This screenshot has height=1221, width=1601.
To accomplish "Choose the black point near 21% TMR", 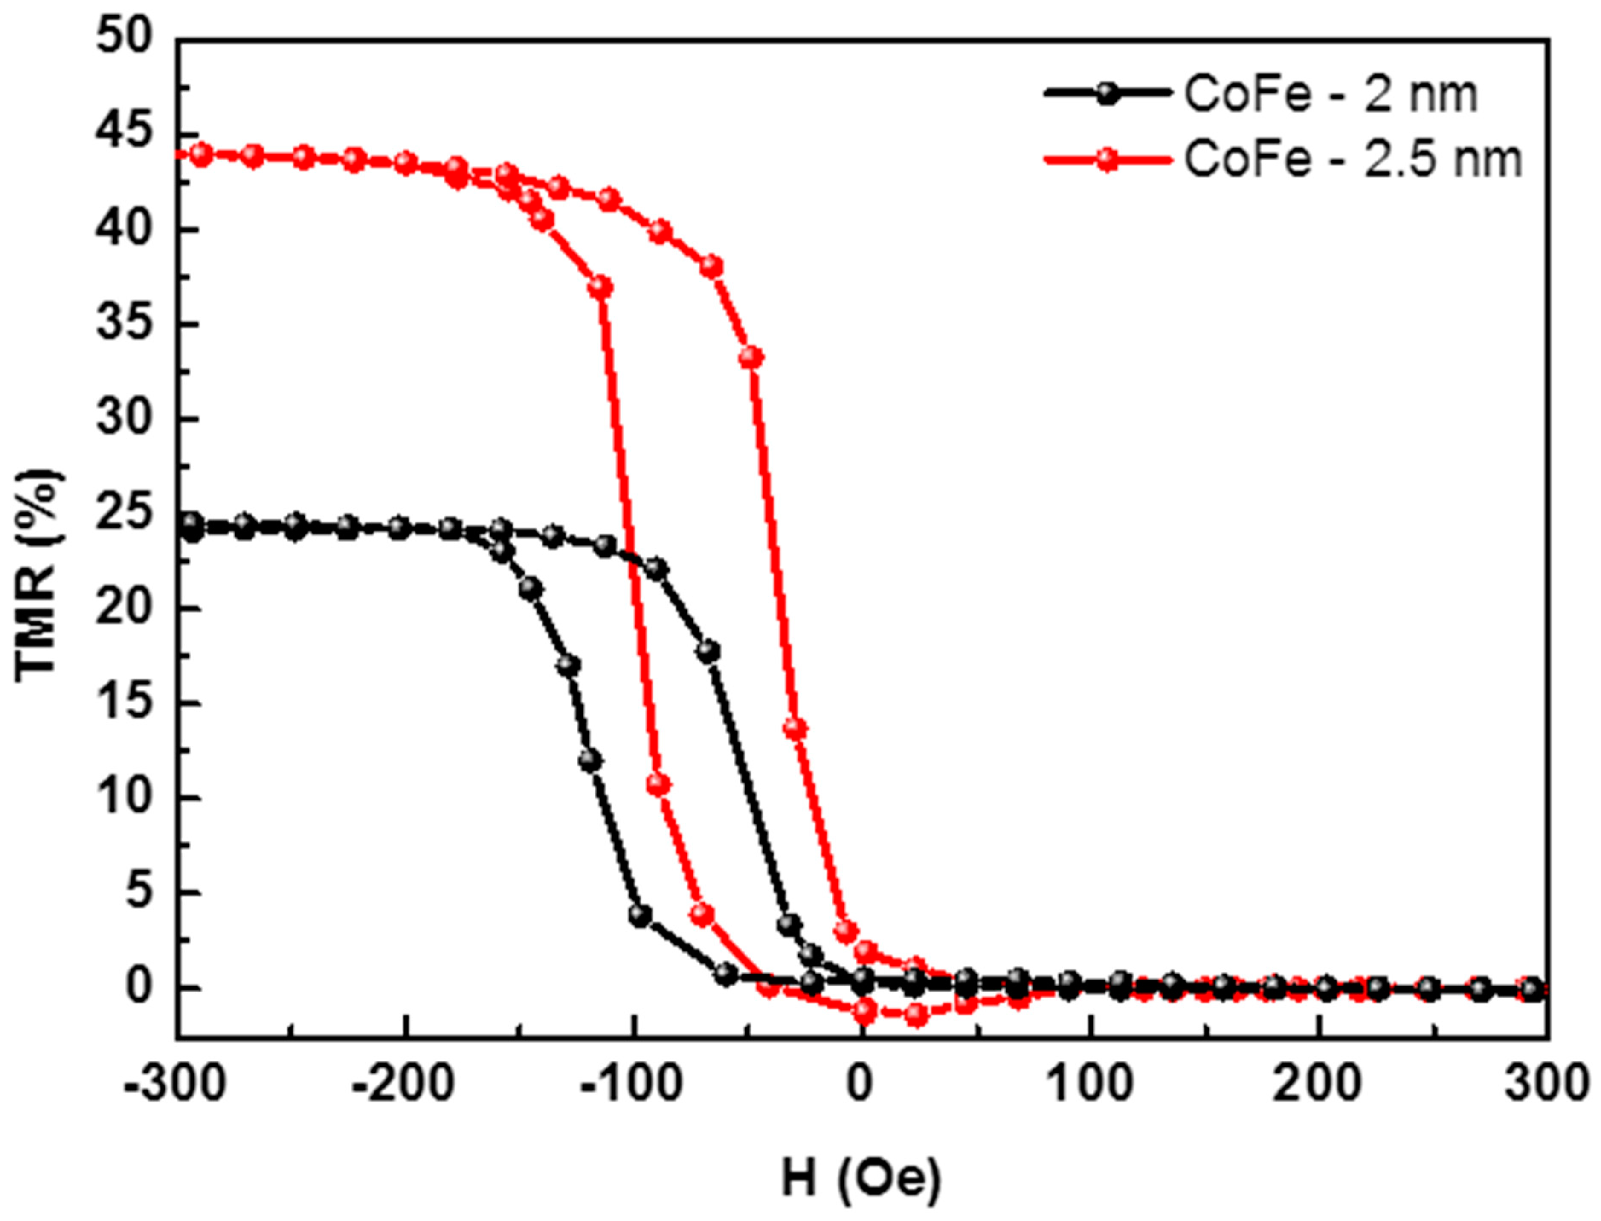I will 531,588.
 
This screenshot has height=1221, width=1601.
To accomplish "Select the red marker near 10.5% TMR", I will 658,785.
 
